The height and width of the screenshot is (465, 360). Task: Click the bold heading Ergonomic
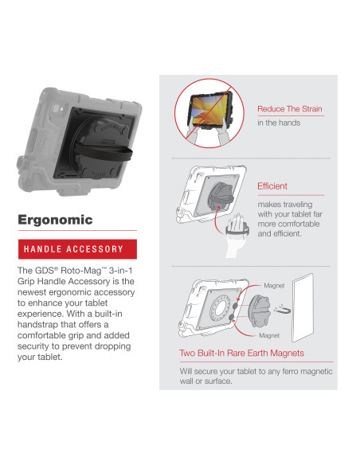coord(55,220)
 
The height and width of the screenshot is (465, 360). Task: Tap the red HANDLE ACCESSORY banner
coord(77,249)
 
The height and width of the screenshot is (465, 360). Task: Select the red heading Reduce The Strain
coord(289,109)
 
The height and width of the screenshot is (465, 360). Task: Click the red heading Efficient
coord(272,186)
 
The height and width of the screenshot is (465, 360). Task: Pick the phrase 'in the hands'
coord(278,123)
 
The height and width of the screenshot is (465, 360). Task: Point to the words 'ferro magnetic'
coord(302,370)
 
